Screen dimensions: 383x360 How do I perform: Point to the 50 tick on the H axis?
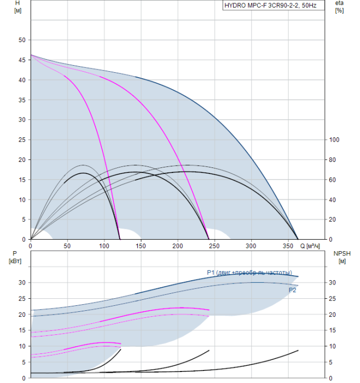point(22,40)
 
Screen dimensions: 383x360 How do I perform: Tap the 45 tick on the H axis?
point(22,60)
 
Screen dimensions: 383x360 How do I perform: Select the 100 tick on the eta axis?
point(334,140)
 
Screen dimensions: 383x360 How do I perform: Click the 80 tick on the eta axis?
point(333,160)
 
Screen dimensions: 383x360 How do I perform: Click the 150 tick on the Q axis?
point(141,245)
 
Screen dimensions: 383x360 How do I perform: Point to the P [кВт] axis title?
point(15,257)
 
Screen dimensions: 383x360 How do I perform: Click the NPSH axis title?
point(340,257)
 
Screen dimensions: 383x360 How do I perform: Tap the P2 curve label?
point(293,290)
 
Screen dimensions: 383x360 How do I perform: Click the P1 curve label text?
point(249,272)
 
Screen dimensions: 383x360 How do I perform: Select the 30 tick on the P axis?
point(22,282)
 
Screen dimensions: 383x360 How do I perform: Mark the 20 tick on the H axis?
point(22,160)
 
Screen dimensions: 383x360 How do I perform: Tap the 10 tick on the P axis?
point(22,346)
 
